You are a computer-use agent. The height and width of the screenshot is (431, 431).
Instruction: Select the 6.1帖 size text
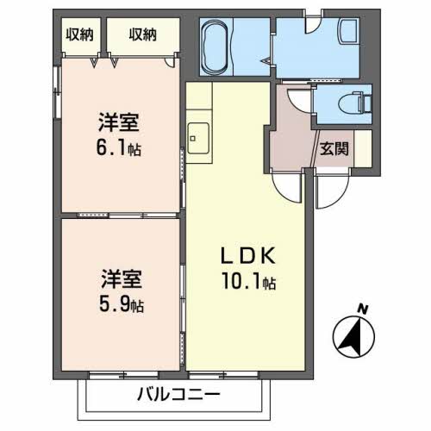click(120, 148)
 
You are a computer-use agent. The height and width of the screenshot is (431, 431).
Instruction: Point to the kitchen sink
click(197, 135)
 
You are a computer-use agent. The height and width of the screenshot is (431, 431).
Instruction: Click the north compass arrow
click(351, 336)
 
